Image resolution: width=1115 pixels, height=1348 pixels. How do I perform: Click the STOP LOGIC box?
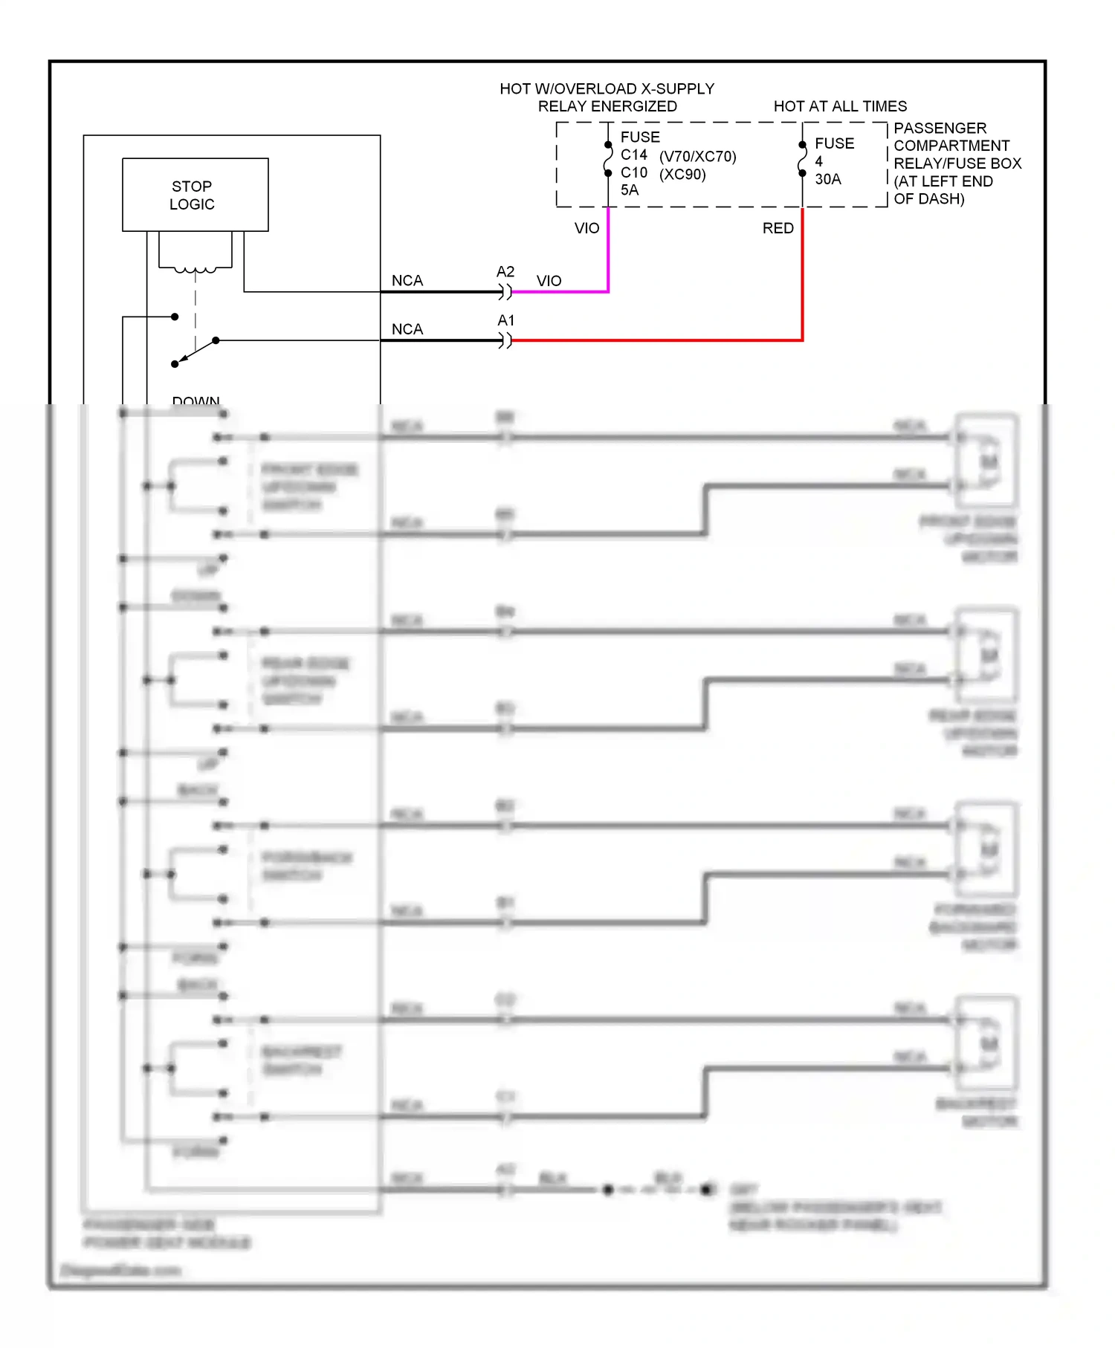point(195,195)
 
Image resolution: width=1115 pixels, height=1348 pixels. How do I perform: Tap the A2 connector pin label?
point(505,272)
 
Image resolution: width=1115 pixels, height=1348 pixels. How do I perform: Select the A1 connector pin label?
point(505,320)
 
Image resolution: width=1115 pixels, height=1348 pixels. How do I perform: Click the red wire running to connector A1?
point(654,340)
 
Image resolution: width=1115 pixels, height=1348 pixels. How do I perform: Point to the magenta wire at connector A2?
point(557,291)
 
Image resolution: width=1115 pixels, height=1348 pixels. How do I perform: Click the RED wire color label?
point(778,228)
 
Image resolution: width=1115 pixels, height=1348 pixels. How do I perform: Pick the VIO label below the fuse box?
point(586,228)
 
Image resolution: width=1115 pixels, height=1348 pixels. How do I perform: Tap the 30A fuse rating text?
point(827,179)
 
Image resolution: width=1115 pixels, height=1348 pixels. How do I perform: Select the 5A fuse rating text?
point(629,190)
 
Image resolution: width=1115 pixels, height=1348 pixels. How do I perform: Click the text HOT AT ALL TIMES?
point(840,106)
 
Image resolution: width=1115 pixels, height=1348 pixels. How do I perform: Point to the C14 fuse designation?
point(633,155)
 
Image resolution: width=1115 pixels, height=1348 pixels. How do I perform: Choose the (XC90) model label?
point(682,175)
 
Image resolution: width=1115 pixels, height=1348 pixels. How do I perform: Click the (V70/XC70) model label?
point(697,157)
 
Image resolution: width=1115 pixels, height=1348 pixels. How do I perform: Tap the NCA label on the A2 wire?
point(407,281)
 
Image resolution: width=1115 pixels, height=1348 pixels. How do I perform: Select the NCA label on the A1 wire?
point(407,329)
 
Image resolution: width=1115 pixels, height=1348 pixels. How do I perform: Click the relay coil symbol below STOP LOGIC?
point(195,269)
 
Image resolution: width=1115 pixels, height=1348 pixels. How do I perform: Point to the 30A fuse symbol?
point(802,159)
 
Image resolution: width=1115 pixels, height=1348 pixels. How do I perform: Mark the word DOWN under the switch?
point(195,401)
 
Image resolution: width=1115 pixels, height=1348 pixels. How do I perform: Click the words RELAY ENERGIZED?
point(607,106)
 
